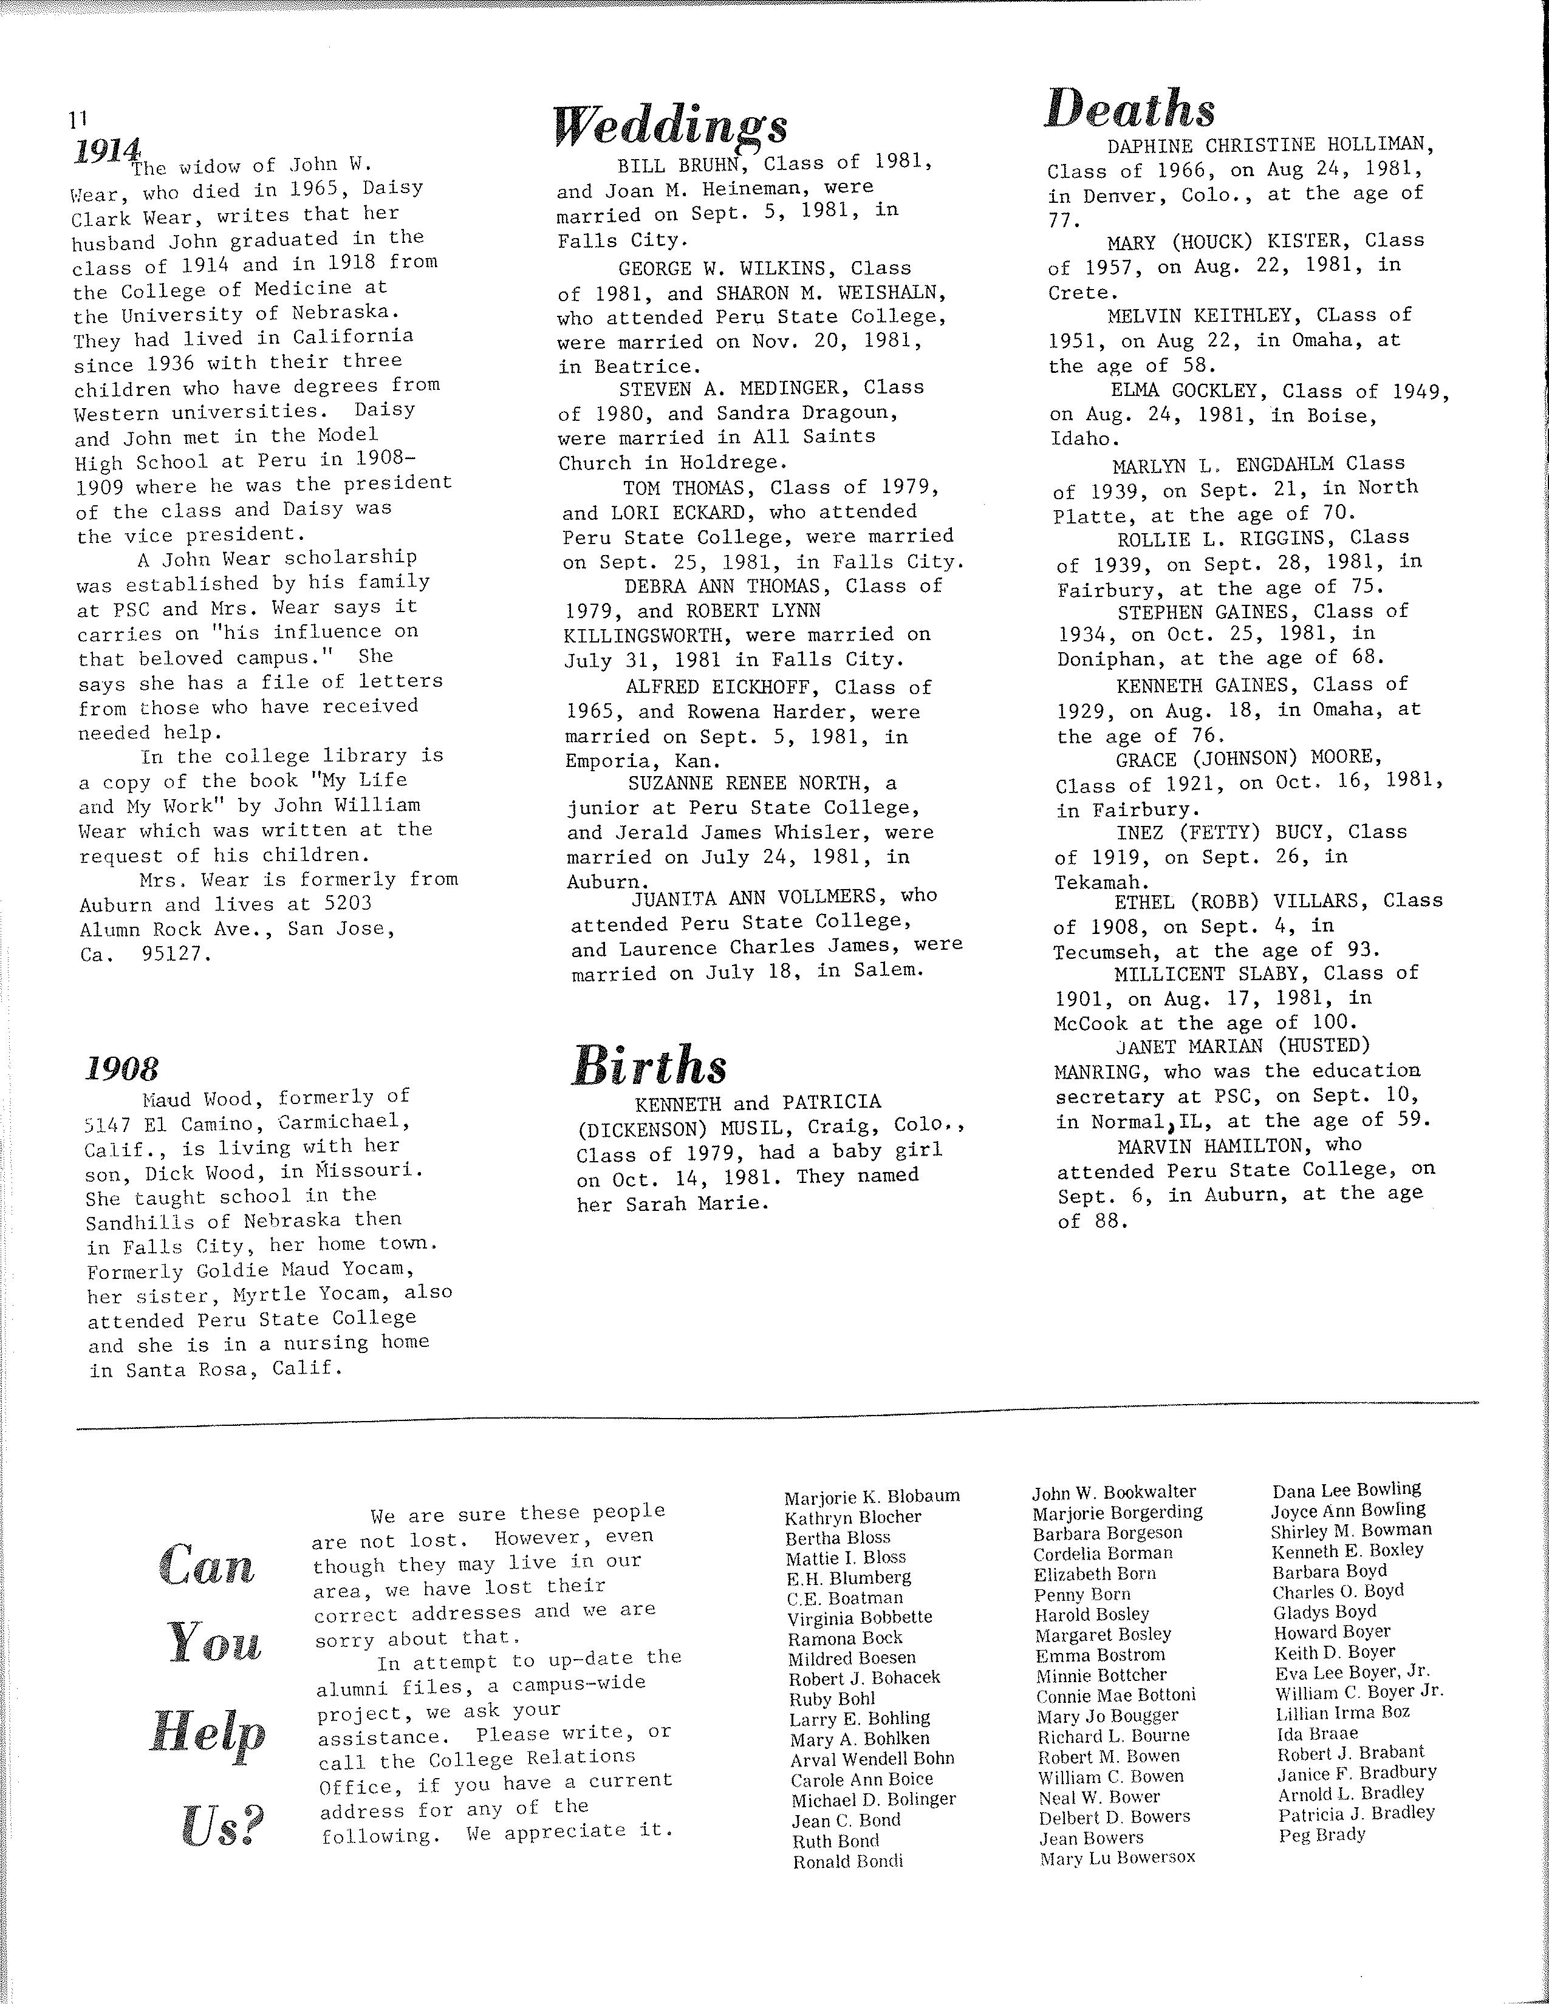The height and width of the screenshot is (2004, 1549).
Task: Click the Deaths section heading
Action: [1130, 109]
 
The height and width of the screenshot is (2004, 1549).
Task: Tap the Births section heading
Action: [650, 1066]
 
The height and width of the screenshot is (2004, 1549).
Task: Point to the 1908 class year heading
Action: [122, 1069]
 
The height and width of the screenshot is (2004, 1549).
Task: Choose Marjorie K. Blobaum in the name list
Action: [872, 1496]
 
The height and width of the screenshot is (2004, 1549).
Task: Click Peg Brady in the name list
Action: [1321, 1835]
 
